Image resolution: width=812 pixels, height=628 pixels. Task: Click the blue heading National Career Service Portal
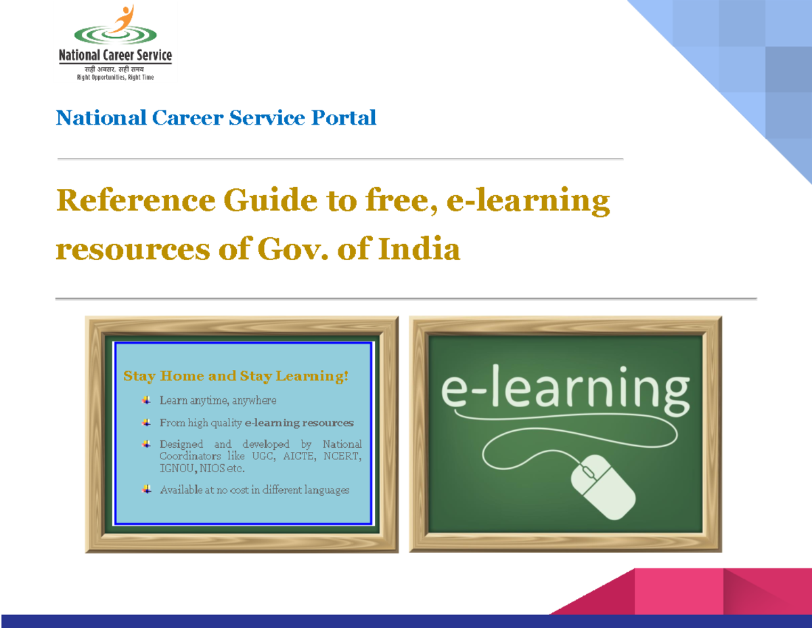coord(216,118)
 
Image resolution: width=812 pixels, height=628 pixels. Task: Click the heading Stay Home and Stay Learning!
coord(235,375)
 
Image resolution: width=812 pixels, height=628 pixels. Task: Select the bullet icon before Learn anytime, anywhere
coord(146,400)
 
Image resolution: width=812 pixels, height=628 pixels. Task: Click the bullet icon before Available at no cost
coord(146,489)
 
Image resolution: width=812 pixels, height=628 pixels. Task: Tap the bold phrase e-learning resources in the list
coord(299,423)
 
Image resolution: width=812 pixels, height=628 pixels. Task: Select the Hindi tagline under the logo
coord(114,70)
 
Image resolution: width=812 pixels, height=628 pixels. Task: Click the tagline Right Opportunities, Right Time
coord(114,78)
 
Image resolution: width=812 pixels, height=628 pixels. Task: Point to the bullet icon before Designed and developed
coord(146,444)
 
